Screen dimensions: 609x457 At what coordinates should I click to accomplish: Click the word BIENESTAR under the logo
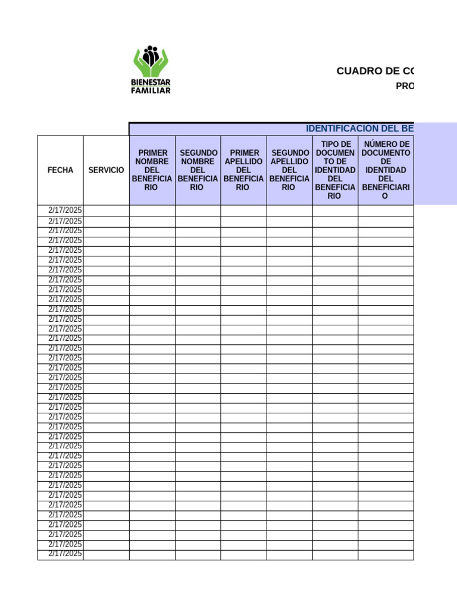point(151,82)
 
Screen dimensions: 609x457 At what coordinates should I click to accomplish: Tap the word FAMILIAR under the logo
point(151,90)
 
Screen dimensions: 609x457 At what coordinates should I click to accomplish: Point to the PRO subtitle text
point(405,86)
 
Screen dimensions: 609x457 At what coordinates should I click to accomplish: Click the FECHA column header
point(60,170)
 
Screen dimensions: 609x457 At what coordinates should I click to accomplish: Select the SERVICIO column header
point(106,170)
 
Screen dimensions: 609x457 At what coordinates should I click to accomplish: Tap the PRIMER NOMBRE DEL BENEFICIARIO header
point(152,170)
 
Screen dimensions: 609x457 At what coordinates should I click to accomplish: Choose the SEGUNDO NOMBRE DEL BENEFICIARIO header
point(198,170)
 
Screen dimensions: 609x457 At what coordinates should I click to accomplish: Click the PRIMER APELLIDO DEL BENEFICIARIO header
point(243,170)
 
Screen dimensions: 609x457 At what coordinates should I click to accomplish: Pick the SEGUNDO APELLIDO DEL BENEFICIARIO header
point(289,170)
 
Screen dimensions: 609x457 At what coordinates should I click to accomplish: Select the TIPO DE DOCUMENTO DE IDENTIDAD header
point(335,170)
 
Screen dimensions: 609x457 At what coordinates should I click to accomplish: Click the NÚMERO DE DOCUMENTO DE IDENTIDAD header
point(386,170)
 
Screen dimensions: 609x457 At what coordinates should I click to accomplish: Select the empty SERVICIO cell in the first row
point(106,210)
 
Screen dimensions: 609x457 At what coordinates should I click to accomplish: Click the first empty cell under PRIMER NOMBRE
point(152,210)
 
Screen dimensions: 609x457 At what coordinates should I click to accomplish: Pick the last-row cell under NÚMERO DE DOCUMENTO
point(386,554)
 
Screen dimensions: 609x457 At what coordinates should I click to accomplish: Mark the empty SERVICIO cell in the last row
point(106,554)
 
